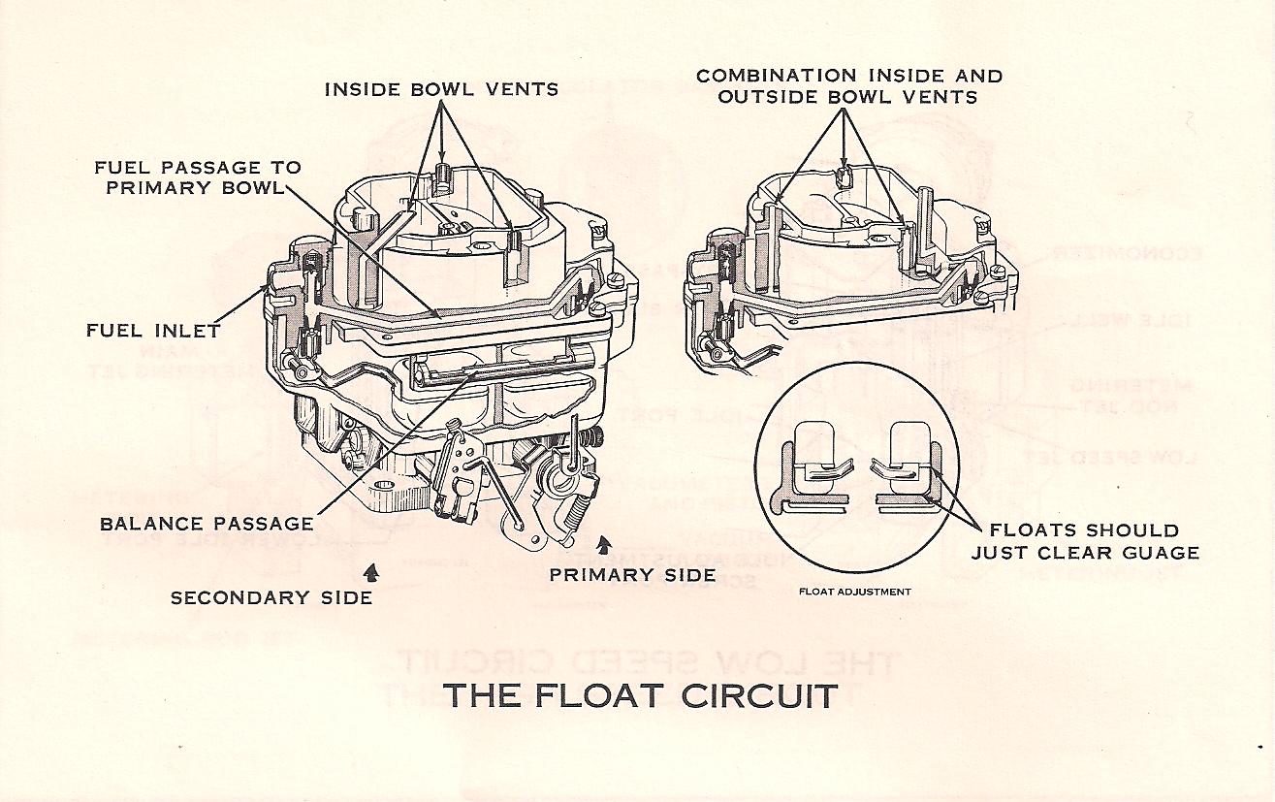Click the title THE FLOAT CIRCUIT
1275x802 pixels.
point(640,696)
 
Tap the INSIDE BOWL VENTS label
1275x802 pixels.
point(441,89)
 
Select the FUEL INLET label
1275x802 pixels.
point(153,331)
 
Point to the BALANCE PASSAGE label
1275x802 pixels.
point(207,524)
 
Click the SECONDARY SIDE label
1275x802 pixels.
point(271,597)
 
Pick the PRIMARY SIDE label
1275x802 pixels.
point(632,575)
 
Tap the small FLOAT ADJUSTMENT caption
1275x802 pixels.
point(855,591)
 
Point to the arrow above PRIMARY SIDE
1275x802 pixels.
point(606,544)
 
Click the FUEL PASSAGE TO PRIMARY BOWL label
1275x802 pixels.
point(198,177)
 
